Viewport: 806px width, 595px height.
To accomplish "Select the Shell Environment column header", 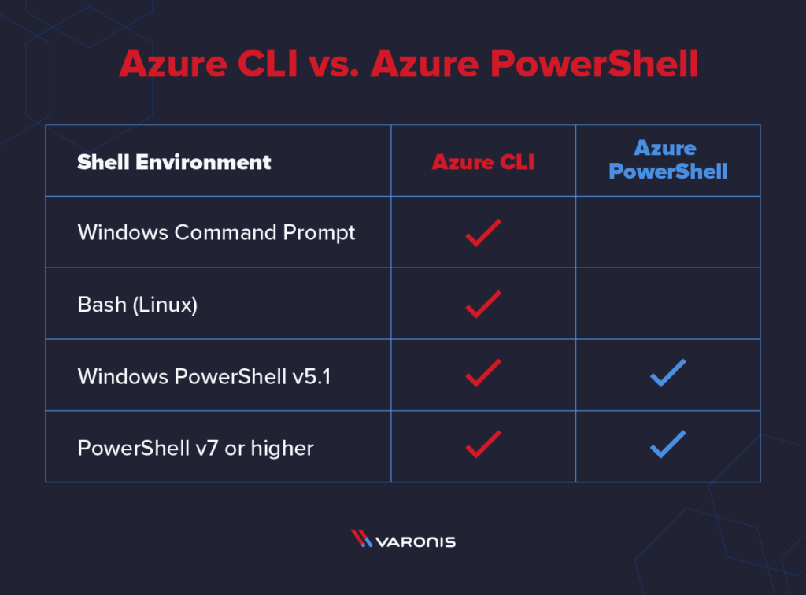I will point(174,163).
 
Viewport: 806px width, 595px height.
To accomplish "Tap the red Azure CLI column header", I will point(482,163).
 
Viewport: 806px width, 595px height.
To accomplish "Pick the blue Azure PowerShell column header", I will point(667,160).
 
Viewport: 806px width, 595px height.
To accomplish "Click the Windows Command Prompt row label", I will point(216,233).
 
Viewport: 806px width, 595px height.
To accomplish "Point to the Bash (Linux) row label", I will point(137,305).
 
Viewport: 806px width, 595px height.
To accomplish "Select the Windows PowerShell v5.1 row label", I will point(204,376).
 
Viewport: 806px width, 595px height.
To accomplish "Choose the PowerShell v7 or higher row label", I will point(195,448).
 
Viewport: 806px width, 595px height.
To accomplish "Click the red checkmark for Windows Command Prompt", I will point(482,233).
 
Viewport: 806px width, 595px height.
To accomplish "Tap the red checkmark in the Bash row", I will point(482,304).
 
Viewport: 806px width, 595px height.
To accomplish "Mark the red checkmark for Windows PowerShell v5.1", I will point(482,373).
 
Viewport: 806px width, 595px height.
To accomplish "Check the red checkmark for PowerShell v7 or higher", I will point(482,444).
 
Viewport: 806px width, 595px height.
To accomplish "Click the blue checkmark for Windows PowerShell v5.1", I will point(667,373).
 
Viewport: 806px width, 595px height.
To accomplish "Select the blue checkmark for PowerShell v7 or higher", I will point(667,444).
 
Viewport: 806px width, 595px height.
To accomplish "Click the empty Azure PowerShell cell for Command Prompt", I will point(667,232).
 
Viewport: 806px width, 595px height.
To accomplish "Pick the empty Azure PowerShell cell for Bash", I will point(667,304).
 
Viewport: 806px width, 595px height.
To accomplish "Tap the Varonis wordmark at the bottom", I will point(416,541).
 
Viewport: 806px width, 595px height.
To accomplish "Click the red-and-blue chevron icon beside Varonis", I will point(361,539).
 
